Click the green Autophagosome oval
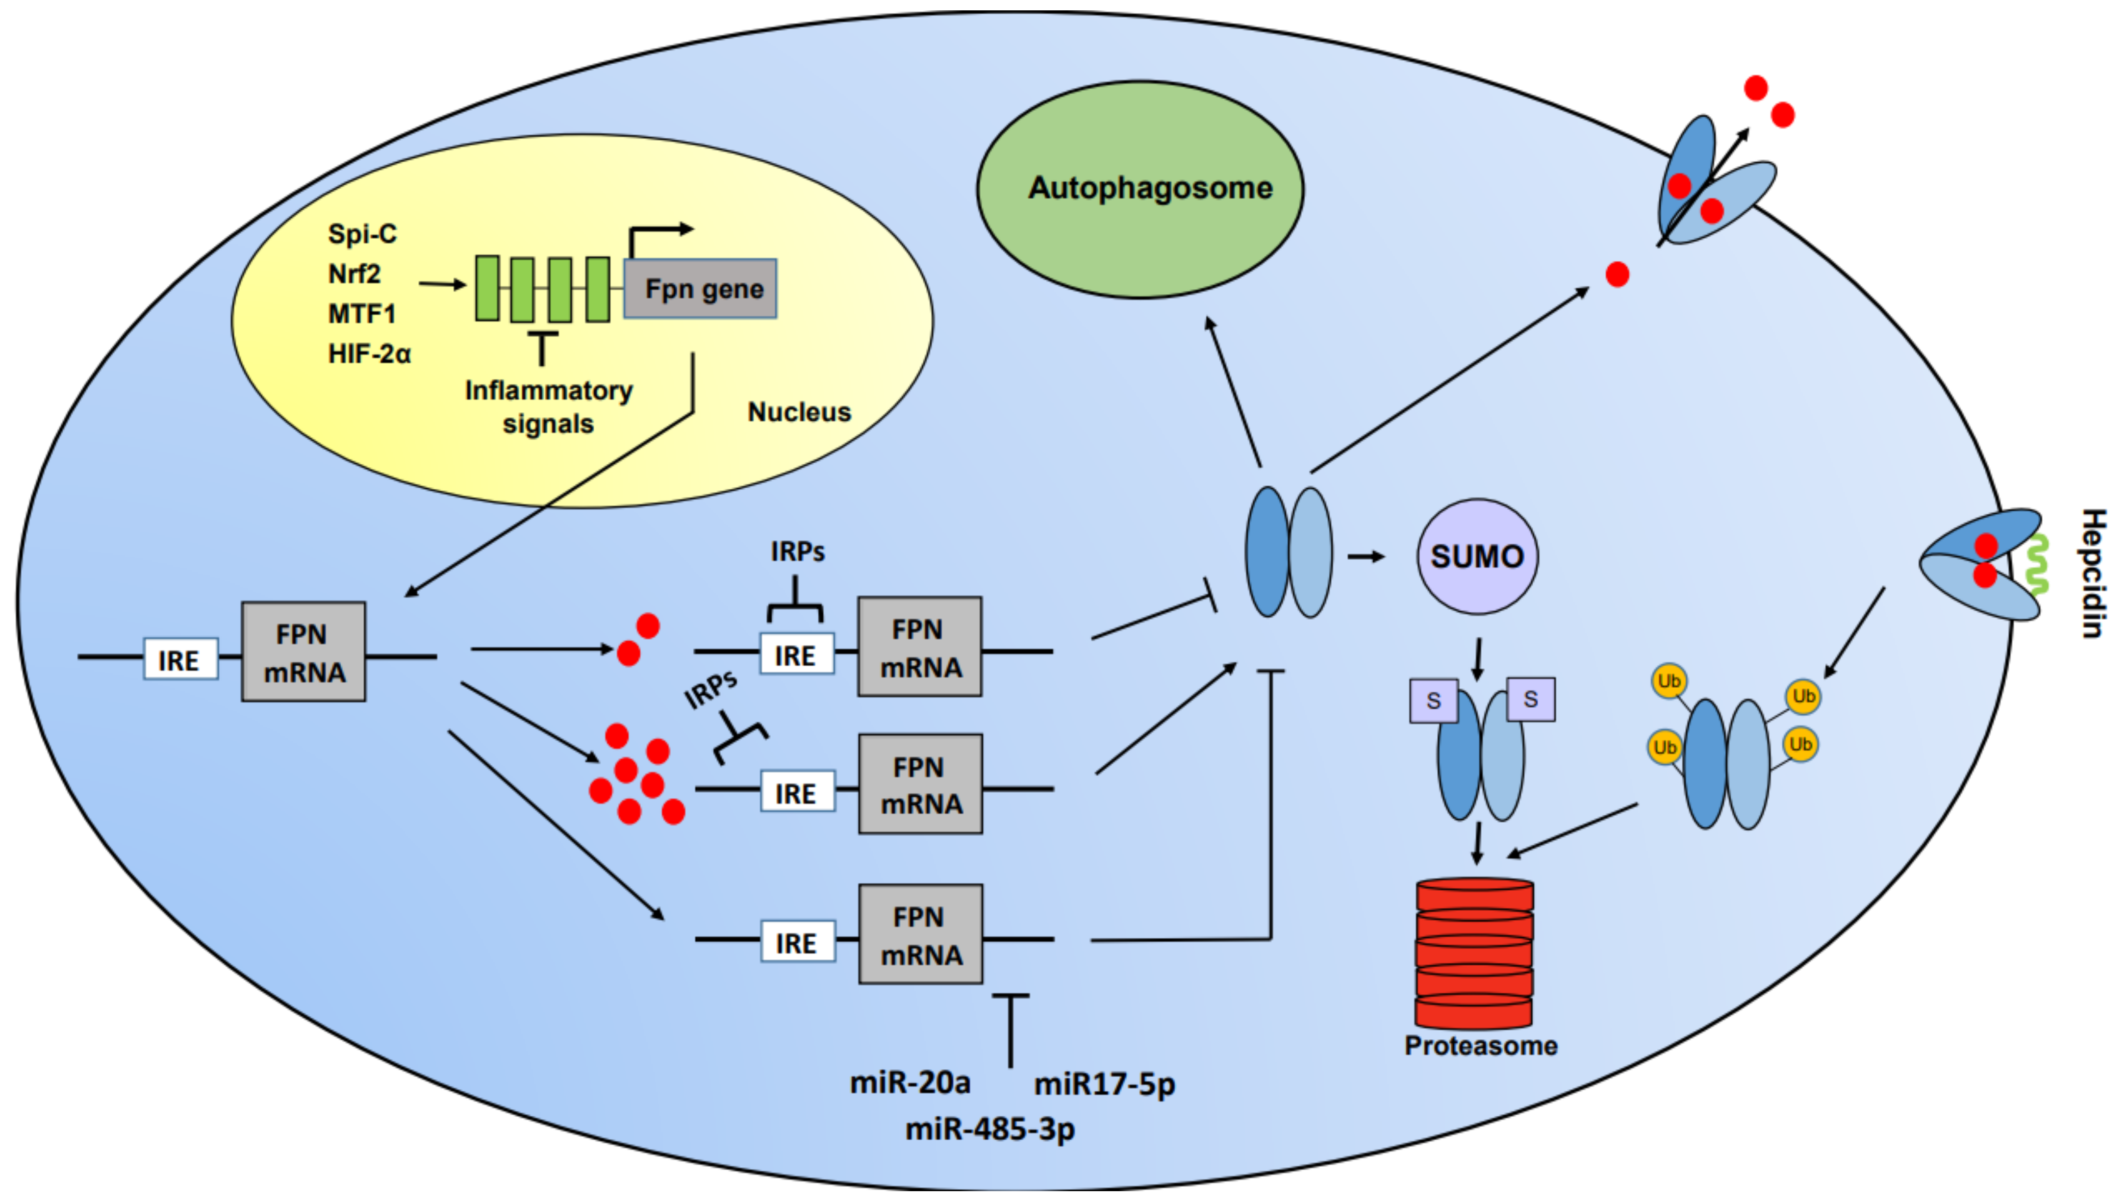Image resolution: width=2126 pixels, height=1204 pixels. click(1139, 189)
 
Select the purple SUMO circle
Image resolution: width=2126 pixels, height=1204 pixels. click(1477, 556)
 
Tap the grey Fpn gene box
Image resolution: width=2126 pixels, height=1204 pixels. click(700, 289)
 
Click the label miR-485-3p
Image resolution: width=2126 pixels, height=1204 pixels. click(990, 1128)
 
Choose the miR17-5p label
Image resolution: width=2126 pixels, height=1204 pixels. click(1104, 1083)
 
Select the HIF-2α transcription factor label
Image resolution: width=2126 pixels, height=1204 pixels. click(369, 354)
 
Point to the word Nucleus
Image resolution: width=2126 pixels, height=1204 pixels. click(799, 412)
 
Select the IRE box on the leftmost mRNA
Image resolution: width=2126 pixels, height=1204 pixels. click(180, 660)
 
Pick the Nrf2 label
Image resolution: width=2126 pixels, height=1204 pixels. click(354, 274)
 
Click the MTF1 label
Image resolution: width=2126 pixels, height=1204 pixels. click(361, 314)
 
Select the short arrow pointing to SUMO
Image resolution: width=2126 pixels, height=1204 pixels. click(1366, 556)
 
